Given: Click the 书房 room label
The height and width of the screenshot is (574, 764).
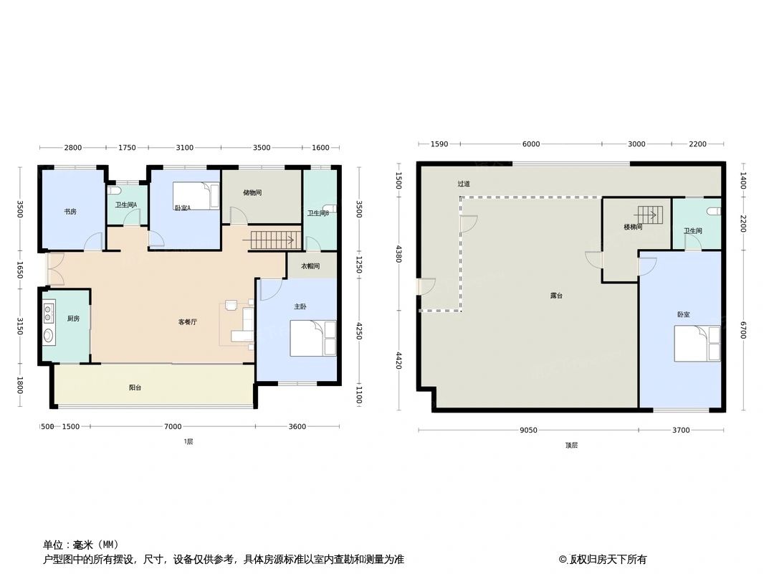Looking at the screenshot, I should (x=70, y=212).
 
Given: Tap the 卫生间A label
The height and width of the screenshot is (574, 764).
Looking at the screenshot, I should (x=126, y=206).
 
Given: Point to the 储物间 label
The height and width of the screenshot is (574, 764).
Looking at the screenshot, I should (x=252, y=192).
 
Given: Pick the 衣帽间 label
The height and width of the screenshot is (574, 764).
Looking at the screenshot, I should (x=310, y=266).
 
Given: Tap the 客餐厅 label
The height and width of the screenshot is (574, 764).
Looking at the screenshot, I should (x=187, y=322).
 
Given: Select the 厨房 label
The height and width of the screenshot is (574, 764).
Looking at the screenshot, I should (x=74, y=319).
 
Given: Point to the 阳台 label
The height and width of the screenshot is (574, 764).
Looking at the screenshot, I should (x=135, y=387).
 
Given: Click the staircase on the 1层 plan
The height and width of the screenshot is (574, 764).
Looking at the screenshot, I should (x=272, y=240).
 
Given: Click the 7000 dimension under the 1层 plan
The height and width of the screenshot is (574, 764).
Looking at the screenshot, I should (x=173, y=427).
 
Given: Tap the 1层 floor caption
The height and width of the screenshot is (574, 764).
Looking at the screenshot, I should (x=188, y=442).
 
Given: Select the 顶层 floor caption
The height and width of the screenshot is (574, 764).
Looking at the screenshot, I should (x=571, y=445).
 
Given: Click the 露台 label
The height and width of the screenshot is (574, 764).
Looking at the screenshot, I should (x=555, y=296).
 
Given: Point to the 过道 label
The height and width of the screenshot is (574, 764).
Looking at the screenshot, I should (x=464, y=184).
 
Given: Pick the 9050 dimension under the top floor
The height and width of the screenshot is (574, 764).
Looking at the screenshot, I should (x=529, y=430).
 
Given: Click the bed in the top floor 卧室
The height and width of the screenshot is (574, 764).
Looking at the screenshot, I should (x=697, y=343).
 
